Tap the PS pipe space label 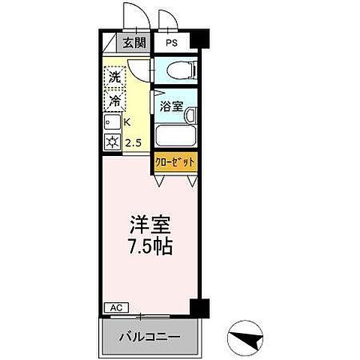[172, 43]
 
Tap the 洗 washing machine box [114, 76]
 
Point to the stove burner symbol [113, 142]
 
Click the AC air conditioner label [115, 307]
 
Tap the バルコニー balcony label [149, 337]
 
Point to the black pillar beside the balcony [196, 307]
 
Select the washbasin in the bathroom [190, 115]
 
